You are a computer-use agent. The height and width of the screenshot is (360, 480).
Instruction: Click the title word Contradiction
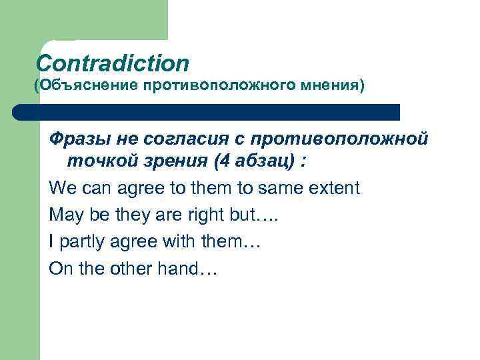coord(113,63)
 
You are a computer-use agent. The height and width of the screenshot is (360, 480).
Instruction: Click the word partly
coord(81,242)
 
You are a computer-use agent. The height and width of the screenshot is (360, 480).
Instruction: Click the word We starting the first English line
coord(61,188)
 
